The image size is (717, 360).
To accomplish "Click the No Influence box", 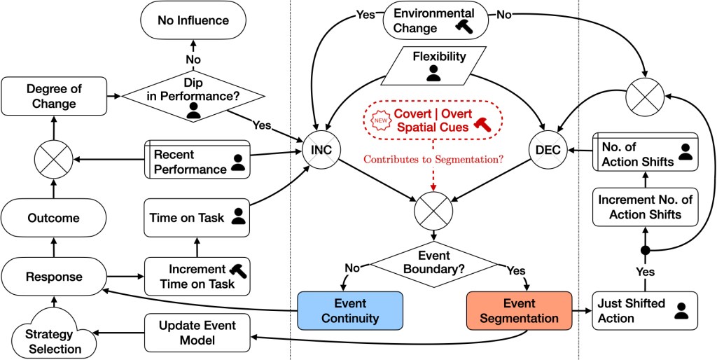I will pyautogui.click(x=193, y=21).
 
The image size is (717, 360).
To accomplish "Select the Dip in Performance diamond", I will pyautogui.click(x=193, y=95).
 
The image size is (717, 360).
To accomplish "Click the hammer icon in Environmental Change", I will pyautogui.click(x=464, y=27).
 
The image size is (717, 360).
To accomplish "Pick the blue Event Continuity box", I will pyautogui.click(x=350, y=311).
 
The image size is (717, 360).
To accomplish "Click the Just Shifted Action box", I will pyautogui.click(x=645, y=311).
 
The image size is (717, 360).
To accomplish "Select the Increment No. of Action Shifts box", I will pyautogui.click(x=645, y=207).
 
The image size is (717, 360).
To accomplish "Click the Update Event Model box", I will pyautogui.click(x=197, y=333).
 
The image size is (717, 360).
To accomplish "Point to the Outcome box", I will pyautogui.click(x=53, y=218).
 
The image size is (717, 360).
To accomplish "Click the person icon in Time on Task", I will pyautogui.click(x=239, y=216).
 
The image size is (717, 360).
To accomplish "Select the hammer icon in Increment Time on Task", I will pyautogui.click(x=239, y=270).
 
